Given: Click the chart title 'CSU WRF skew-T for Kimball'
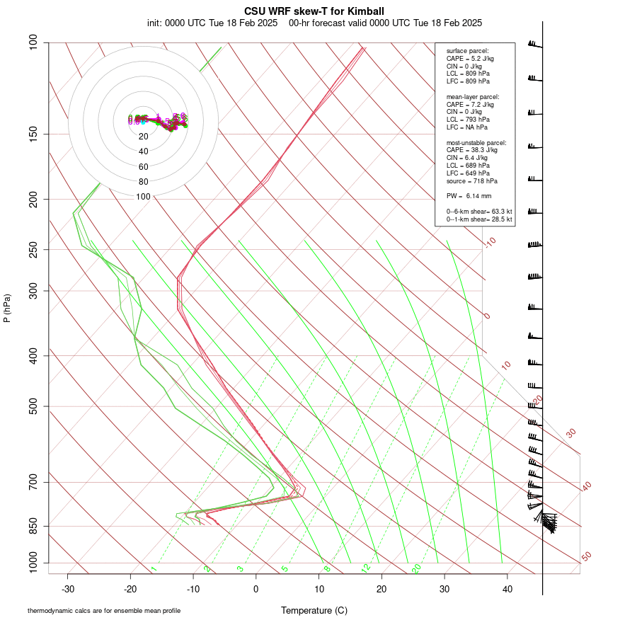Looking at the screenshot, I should (x=314, y=11).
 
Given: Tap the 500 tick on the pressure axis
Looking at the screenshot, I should (x=34, y=406).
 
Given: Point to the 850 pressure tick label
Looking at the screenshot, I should (x=34, y=526).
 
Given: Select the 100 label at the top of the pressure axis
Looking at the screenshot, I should (x=34, y=42).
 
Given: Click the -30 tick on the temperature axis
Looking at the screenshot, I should (x=68, y=589).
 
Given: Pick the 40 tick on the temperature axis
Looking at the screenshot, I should (x=507, y=589).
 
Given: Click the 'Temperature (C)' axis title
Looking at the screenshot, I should (x=314, y=610).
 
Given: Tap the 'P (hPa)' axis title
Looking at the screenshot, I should (x=7, y=308).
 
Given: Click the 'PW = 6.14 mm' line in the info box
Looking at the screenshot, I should (x=469, y=196).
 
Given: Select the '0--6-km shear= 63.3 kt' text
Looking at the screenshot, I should (x=479, y=211).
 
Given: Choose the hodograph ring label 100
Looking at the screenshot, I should (x=144, y=197).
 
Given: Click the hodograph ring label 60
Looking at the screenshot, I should (x=144, y=167).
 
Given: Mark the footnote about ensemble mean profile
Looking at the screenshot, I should (x=104, y=611).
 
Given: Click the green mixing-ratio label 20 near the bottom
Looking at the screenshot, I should (x=417, y=568).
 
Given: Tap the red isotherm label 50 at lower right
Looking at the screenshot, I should (x=586, y=557).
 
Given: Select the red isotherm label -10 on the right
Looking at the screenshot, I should (x=490, y=242).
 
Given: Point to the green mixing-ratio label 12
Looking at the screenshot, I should (x=366, y=568).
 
